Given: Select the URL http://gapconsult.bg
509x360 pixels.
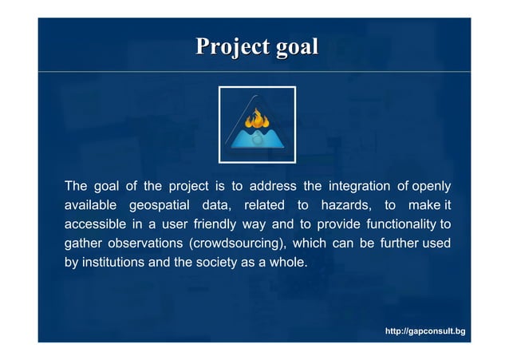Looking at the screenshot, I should coord(425,330).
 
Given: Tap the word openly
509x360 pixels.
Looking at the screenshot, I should coord(431,187).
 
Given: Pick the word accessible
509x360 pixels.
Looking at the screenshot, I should coord(94,224).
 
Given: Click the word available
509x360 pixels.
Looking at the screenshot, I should coord(90,205).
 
